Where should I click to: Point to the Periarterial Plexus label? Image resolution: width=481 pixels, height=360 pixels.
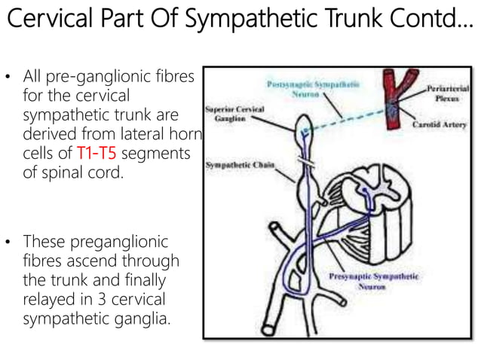pyautogui.click(x=448, y=93)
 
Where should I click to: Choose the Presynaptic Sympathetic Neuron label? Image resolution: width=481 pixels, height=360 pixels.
pyautogui.click(x=375, y=282)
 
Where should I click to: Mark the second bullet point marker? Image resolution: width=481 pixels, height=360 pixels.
pyautogui.click(x=11, y=244)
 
